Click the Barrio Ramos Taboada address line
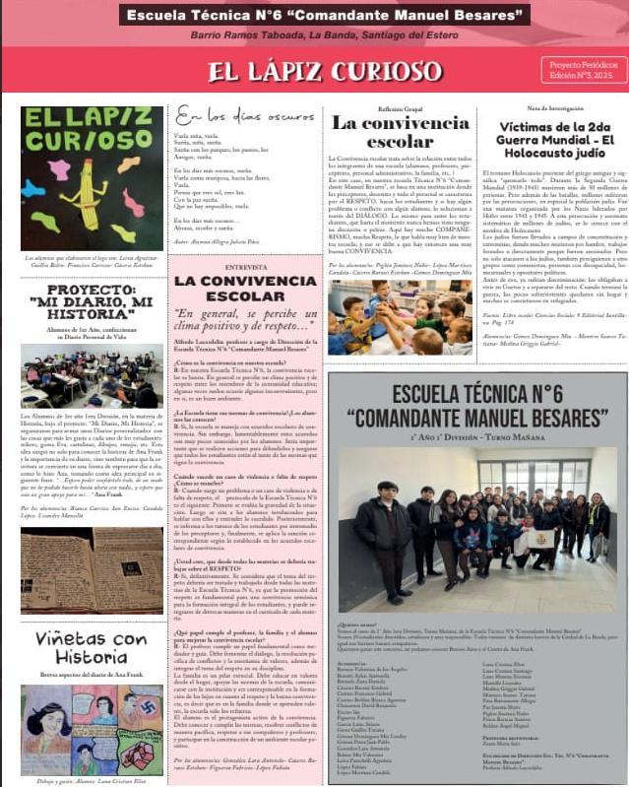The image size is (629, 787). point(317,35)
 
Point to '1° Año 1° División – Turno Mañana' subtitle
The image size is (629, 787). point(472,434)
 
